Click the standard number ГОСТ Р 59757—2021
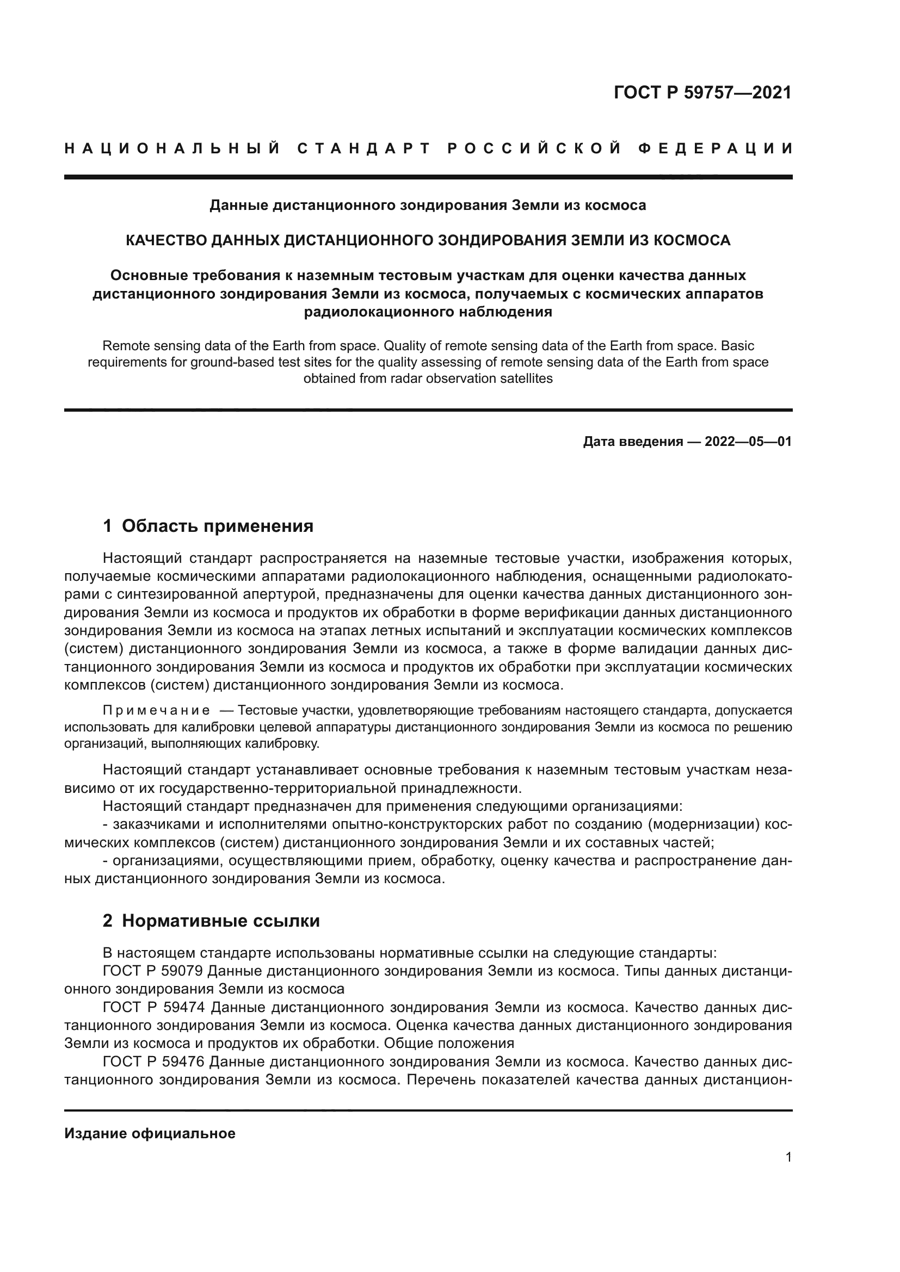pyautogui.click(x=702, y=92)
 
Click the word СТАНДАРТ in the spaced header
pyautogui.click(x=364, y=148)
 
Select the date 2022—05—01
pyautogui.click(x=748, y=442)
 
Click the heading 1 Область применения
pyautogui.click(x=208, y=526)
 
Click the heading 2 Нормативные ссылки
pyautogui.click(x=211, y=921)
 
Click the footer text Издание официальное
pyautogui.click(x=150, y=1133)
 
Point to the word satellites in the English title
pyautogui.click(x=527, y=380)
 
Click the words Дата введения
pyautogui.click(x=632, y=442)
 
